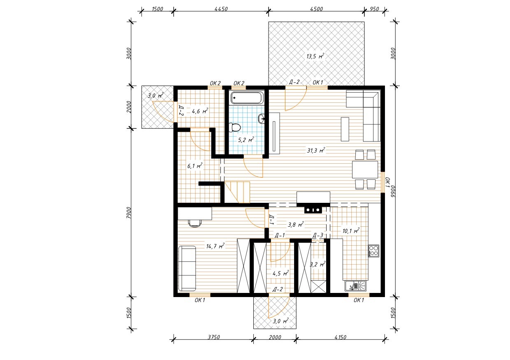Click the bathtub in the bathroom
point(247,98)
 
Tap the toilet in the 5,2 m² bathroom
point(234,128)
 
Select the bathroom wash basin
point(262,118)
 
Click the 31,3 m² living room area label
point(316,150)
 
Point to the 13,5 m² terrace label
point(315,56)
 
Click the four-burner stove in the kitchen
point(373,251)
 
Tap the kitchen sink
point(356,286)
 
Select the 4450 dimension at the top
point(221,9)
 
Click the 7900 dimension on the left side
point(129,213)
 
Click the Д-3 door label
point(318,235)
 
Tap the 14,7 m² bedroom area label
point(216,246)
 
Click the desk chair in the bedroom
point(195,223)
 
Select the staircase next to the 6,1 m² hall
point(237,192)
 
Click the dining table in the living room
point(365,170)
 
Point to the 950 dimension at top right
point(374,9)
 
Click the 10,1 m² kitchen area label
point(351,231)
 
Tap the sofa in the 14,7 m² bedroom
point(187,268)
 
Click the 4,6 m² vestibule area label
point(200,111)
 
